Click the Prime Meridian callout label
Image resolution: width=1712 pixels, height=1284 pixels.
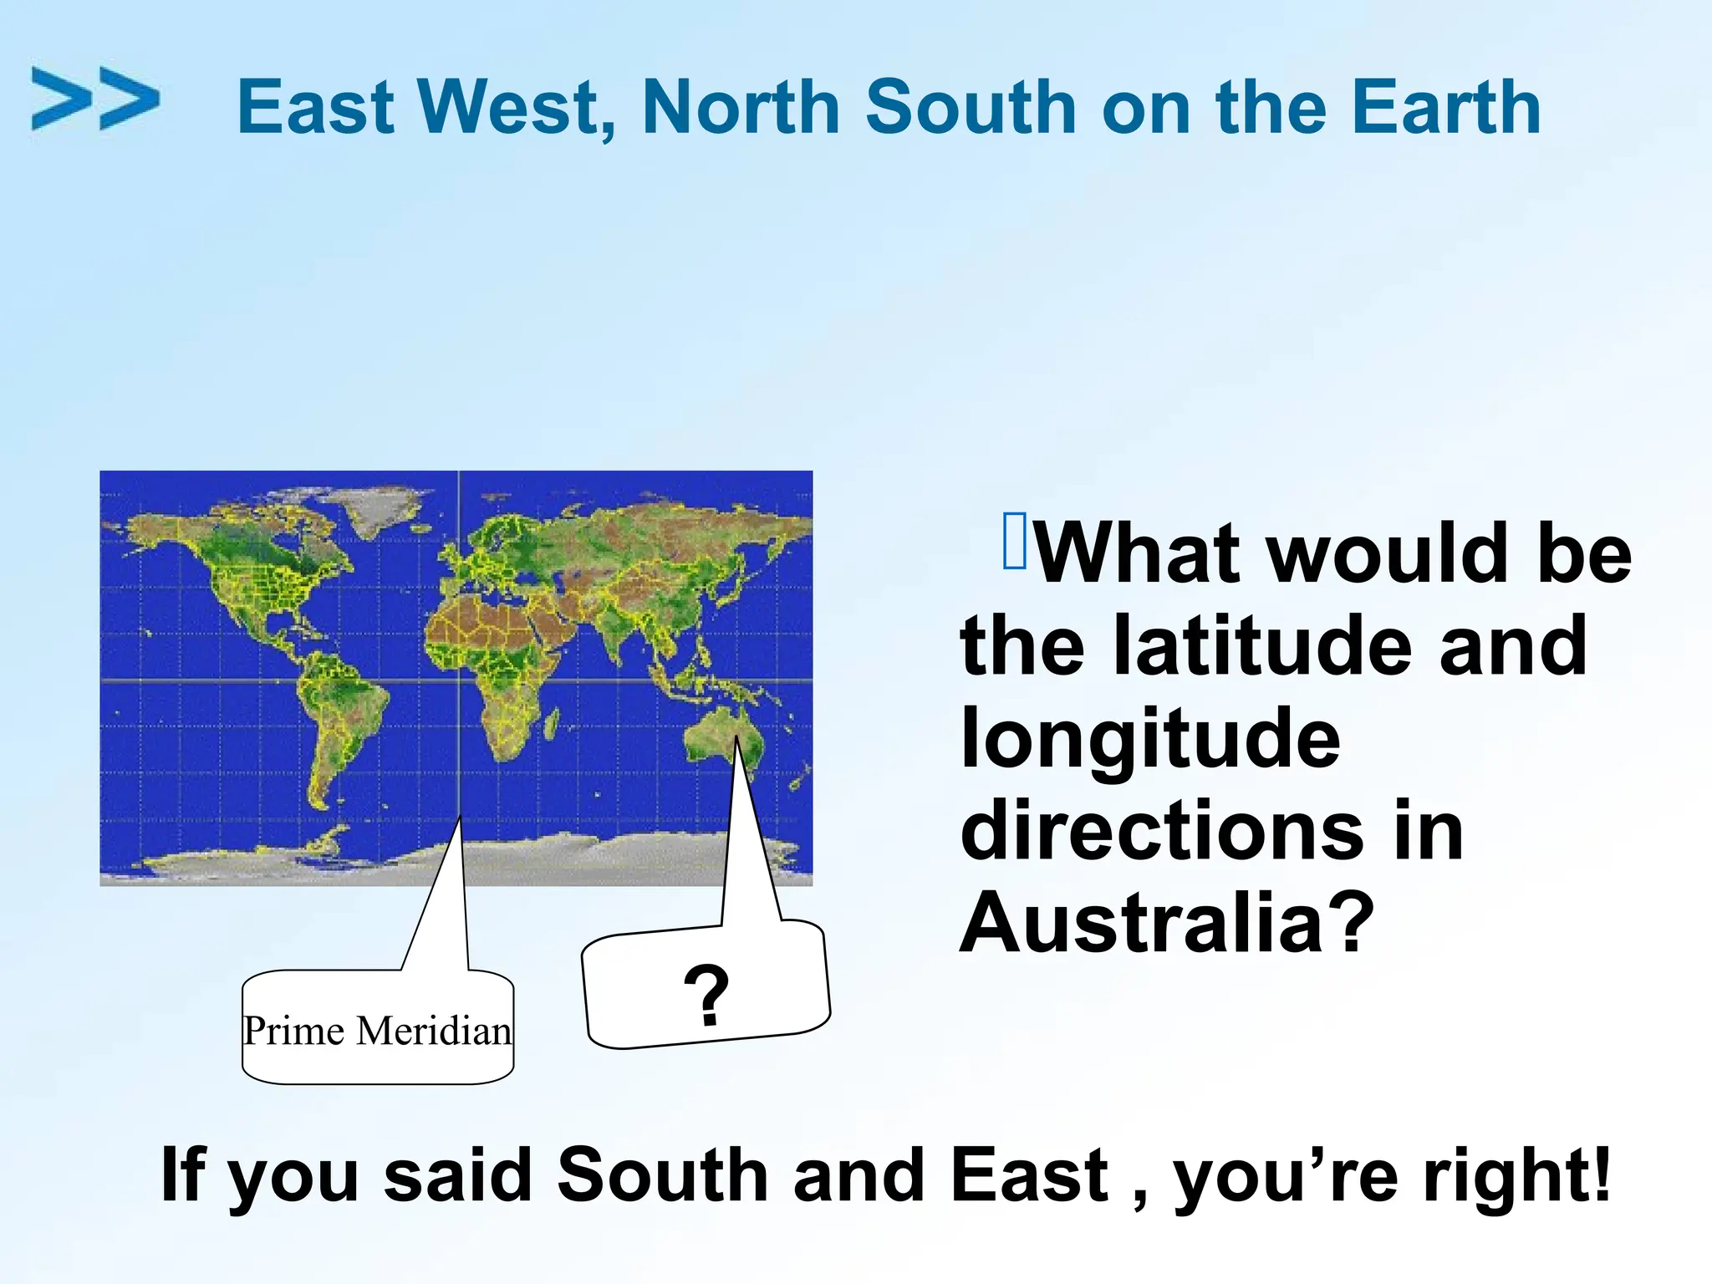[x=377, y=1030]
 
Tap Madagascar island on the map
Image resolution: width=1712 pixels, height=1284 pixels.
[x=553, y=722]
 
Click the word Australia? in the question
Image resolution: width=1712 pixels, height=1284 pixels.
[x=1167, y=923]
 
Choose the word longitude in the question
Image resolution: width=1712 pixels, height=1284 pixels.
[x=1150, y=738]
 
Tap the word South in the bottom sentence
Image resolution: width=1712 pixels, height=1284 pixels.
[x=662, y=1174]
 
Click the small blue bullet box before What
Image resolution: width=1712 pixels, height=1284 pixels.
[x=1014, y=541]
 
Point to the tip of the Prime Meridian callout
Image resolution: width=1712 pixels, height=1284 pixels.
[x=460, y=817]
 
